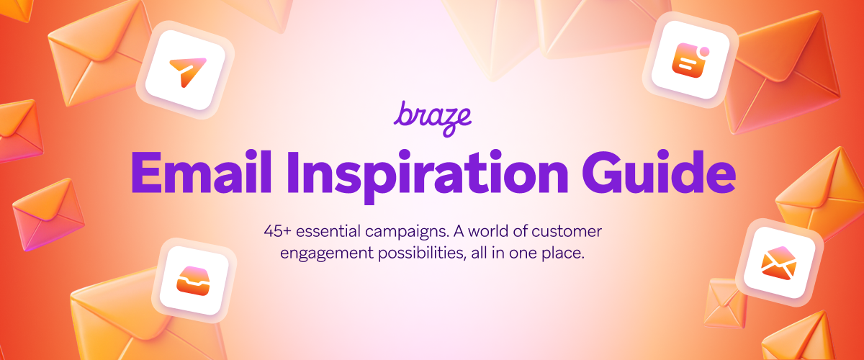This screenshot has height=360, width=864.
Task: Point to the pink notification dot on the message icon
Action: pyautogui.click(x=704, y=52)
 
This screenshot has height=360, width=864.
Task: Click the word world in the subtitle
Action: pyautogui.click(x=488, y=233)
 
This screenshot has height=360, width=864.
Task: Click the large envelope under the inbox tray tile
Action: pyautogui.click(x=115, y=317)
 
